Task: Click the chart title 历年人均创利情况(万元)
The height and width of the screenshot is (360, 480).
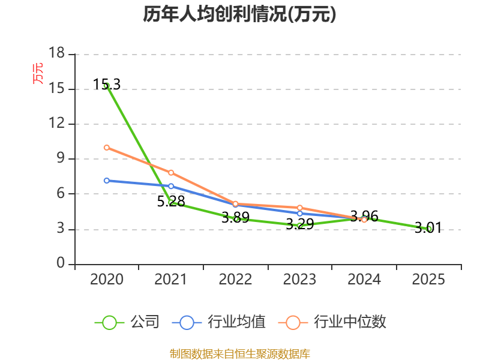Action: point(239,14)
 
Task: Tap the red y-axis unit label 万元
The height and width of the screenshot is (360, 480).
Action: point(38,73)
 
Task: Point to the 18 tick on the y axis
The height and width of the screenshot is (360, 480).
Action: point(57,53)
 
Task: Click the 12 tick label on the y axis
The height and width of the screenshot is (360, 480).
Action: point(57,123)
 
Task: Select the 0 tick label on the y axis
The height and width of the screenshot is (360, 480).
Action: point(61,263)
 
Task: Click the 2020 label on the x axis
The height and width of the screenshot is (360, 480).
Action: point(107,279)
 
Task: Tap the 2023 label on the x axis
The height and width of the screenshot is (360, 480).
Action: point(299,279)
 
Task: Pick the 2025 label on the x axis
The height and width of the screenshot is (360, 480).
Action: point(428,279)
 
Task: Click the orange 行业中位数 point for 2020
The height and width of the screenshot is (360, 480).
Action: point(107,148)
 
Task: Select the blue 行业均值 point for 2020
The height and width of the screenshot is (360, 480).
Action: point(107,181)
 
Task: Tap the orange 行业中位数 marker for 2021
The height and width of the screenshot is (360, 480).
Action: point(171,173)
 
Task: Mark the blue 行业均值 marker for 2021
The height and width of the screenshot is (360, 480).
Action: point(171,186)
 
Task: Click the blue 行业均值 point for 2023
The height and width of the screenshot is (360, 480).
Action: point(299,214)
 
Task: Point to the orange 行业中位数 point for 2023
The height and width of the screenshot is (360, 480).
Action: point(299,208)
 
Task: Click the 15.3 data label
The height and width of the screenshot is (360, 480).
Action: point(107,84)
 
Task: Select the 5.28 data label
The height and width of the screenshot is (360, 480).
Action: point(171,201)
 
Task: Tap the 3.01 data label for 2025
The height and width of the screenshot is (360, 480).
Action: point(428,228)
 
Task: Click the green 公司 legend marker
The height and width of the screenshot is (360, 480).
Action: point(109,323)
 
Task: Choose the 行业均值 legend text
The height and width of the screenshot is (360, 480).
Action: point(236,322)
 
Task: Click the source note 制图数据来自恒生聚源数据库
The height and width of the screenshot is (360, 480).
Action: point(239,354)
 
